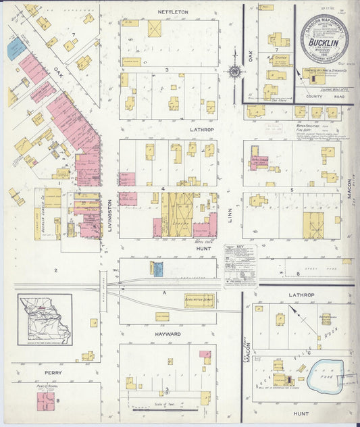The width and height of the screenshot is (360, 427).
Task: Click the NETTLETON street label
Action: (x=172, y=12)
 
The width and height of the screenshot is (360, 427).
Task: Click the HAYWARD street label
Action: (x=168, y=334)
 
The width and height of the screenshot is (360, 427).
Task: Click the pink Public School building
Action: (x=47, y=401)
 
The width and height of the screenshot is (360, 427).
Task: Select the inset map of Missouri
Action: (x=45, y=320)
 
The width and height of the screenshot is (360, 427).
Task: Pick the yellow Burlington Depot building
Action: (x=199, y=300)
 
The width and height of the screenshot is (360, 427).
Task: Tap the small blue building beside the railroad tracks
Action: (x=157, y=270)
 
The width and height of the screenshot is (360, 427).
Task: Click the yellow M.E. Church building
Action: (x=277, y=59)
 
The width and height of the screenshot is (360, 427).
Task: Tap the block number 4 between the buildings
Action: (x=163, y=189)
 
